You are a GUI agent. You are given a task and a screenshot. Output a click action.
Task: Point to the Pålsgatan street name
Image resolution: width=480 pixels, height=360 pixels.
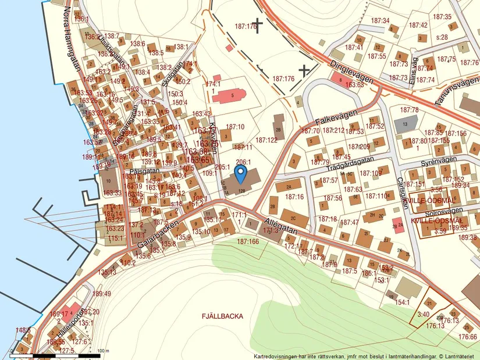(145, 172)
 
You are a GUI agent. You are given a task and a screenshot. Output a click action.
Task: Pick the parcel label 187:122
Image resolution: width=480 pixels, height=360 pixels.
(266, 140)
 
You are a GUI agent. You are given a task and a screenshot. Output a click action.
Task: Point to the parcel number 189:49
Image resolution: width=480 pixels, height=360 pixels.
(101, 293)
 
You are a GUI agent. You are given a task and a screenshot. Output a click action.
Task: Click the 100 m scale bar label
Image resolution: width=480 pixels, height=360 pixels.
(103, 351)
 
